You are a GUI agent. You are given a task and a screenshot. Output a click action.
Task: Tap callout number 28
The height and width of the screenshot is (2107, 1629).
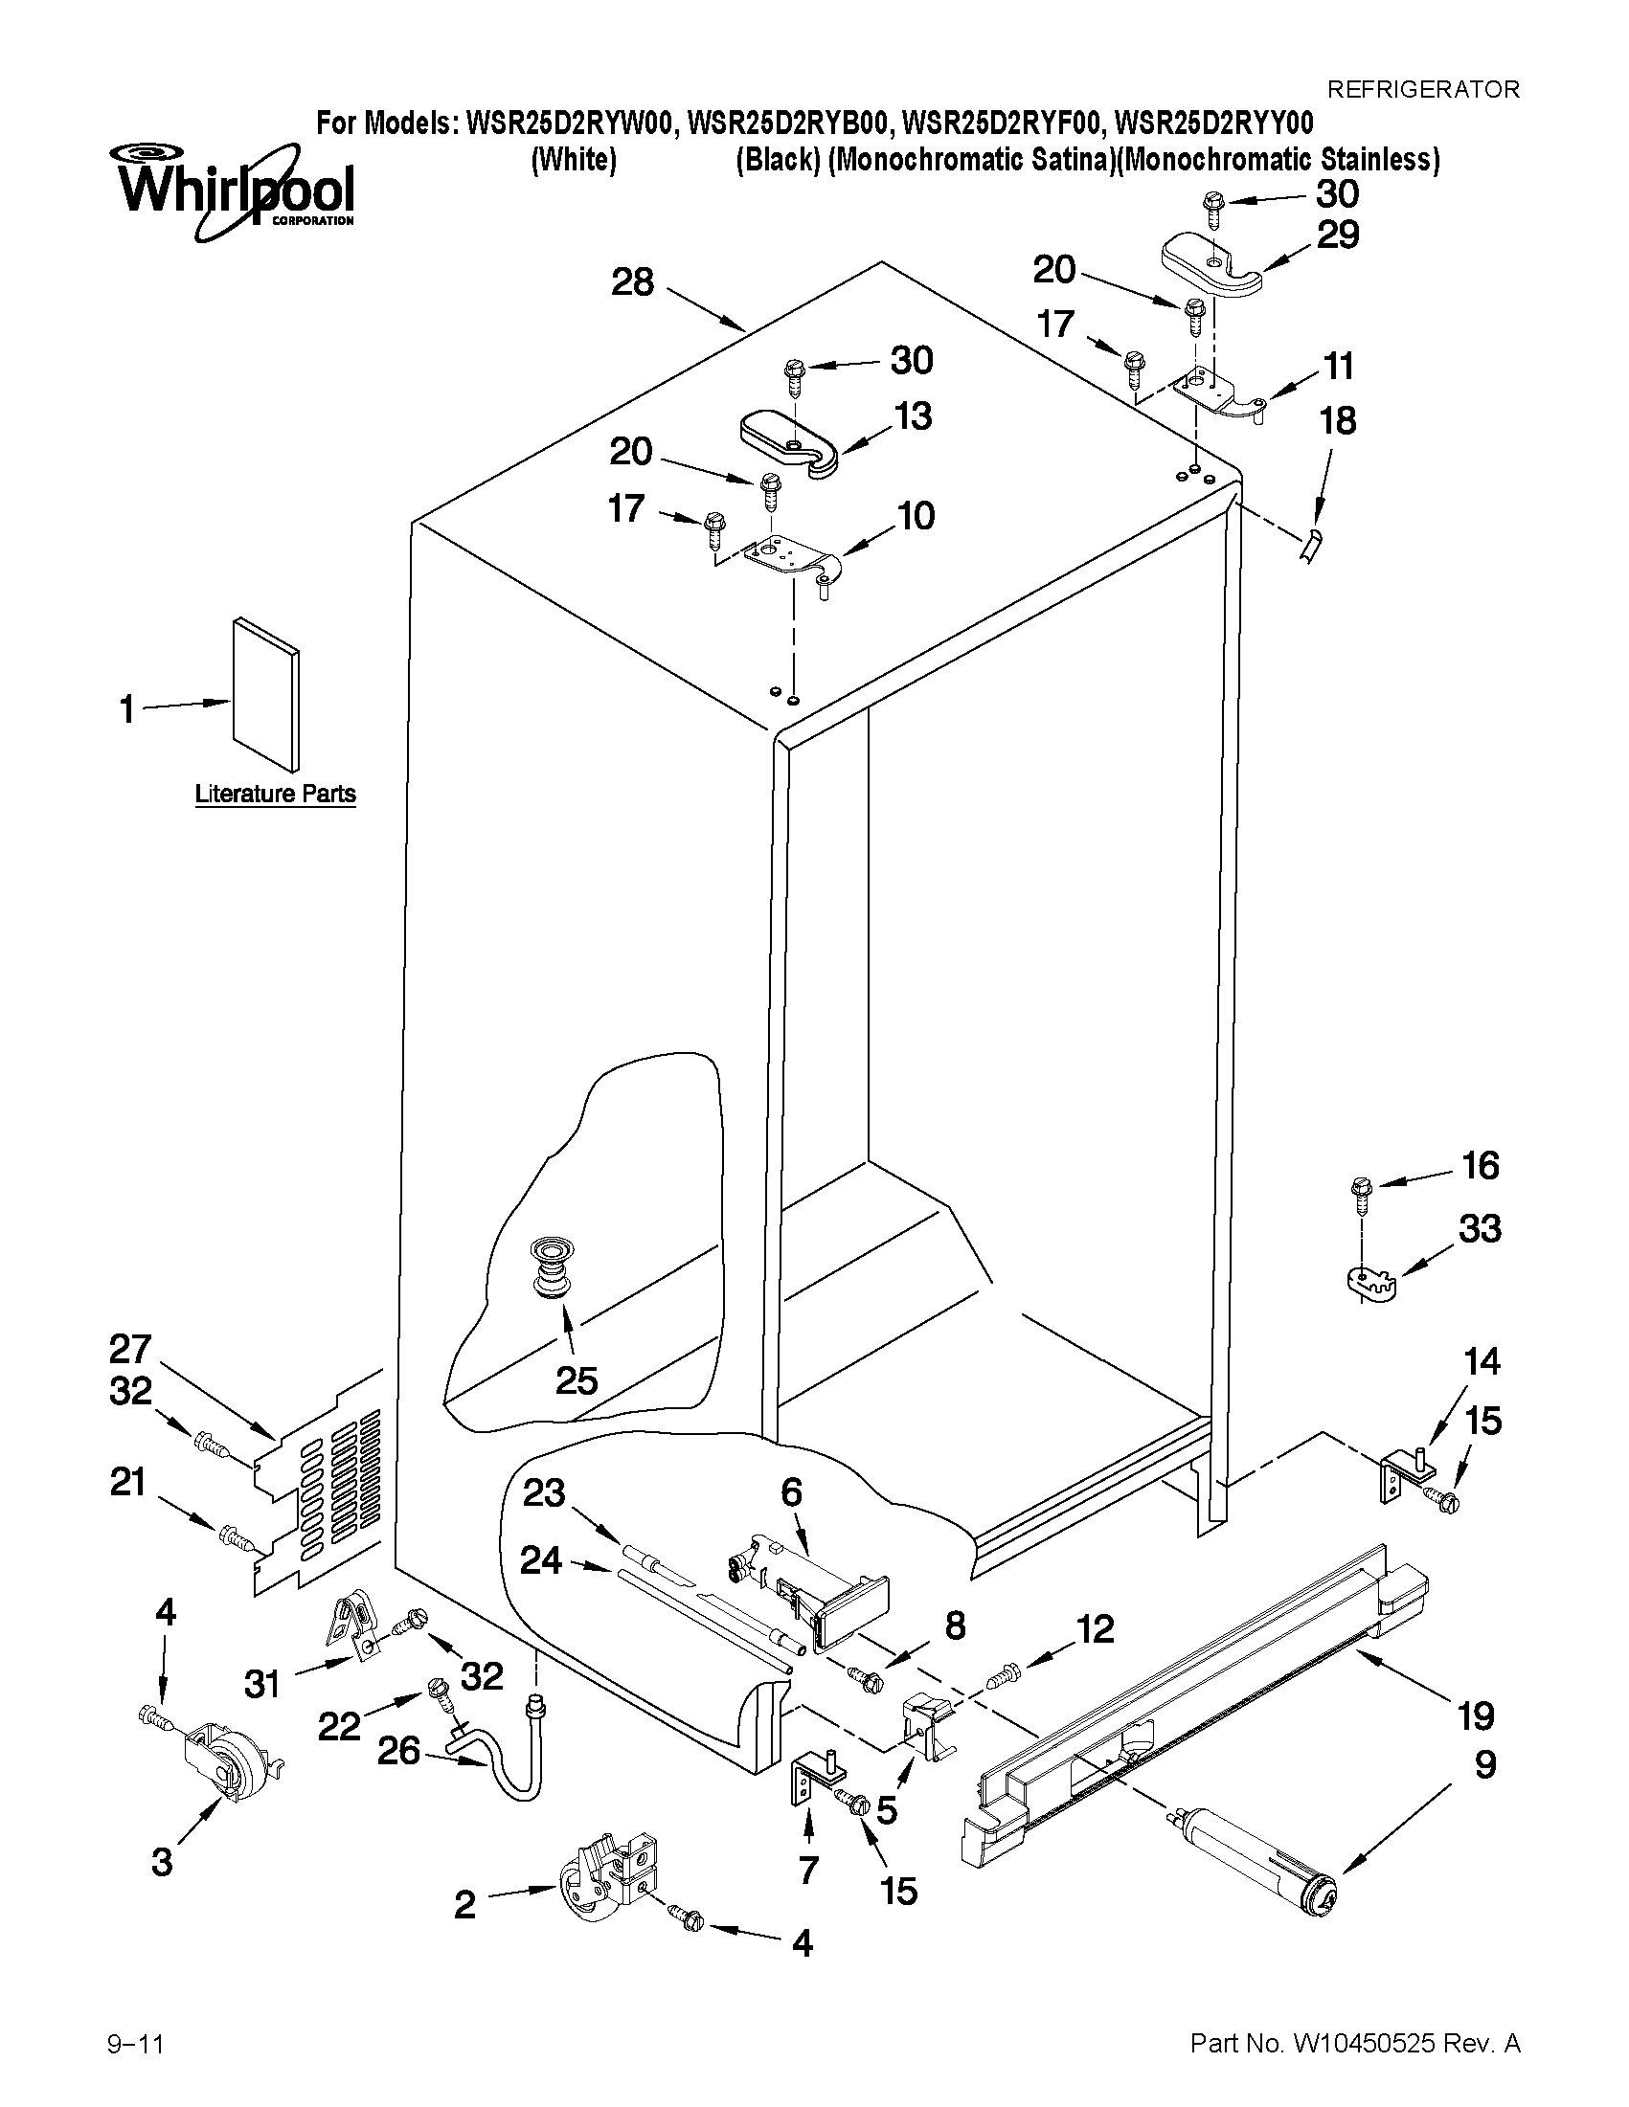[633, 281]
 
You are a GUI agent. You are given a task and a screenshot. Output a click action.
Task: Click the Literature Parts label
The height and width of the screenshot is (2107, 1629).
[275, 794]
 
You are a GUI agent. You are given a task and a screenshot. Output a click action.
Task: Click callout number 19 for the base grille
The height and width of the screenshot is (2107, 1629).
[1476, 1715]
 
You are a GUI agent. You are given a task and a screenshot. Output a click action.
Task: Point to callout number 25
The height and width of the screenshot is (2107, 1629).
[577, 1380]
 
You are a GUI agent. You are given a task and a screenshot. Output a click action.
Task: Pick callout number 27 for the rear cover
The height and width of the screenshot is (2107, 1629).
[129, 1347]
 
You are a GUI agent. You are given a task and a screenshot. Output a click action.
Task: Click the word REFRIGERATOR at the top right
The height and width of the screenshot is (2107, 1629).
[1423, 90]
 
